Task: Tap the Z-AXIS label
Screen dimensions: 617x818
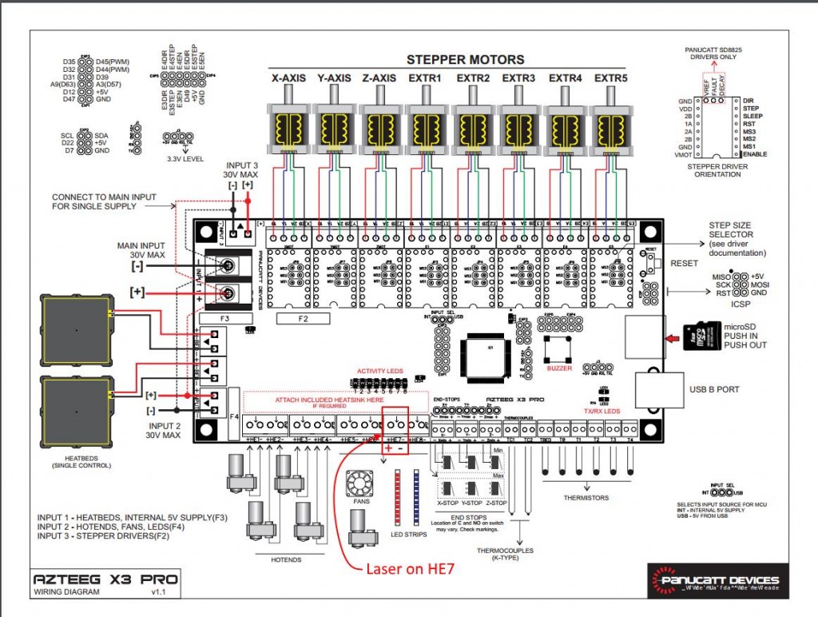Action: coord(379,78)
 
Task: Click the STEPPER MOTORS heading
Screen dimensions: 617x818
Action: coord(465,60)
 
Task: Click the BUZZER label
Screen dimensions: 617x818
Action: coord(559,368)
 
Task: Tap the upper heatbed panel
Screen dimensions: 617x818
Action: coord(76,329)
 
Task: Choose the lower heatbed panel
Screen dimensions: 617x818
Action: coord(76,412)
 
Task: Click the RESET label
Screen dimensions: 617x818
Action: coord(684,263)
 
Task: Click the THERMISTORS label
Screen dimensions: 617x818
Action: coord(587,497)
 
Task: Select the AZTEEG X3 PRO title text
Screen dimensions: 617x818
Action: coord(105,579)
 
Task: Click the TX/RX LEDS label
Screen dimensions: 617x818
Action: coord(601,411)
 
